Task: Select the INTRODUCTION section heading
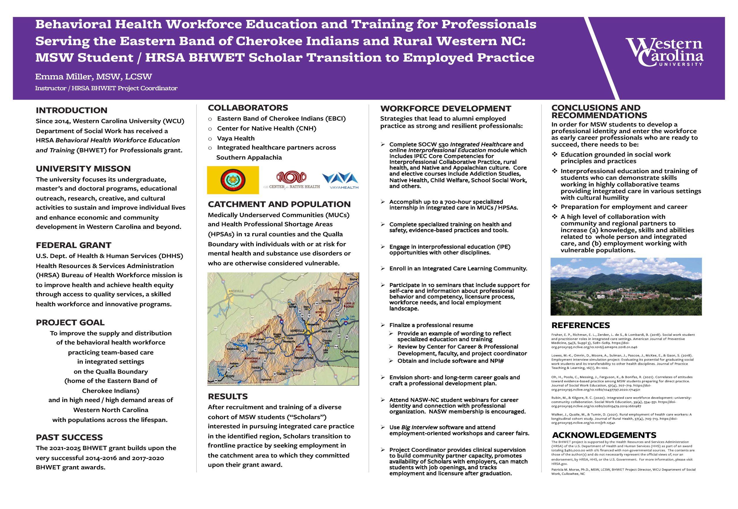[x=71, y=110]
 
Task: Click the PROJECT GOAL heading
[x=70, y=323]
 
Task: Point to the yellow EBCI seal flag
[x=233, y=180]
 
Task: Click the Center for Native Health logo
[x=291, y=180]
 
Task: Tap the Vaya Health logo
[x=340, y=180]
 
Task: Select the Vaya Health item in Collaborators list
[x=236, y=138]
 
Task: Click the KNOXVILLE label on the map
[x=236, y=291]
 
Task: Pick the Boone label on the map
[x=354, y=279]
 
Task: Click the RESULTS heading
[x=228, y=396]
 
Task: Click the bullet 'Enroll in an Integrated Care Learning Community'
[x=458, y=269]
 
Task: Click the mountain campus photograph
[x=626, y=286]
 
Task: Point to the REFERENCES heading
[x=580, y=325]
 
